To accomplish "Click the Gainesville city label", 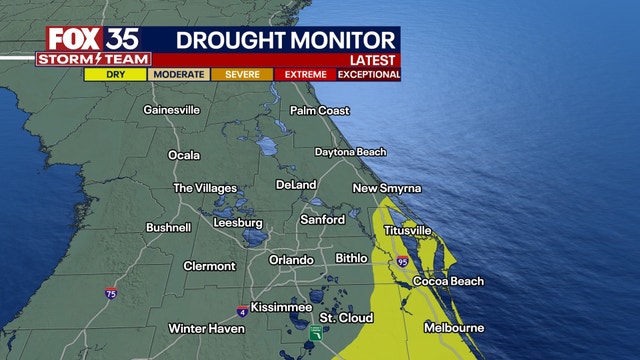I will click(174, 109).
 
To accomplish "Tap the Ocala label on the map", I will click(183, 155).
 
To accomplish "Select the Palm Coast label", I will click(319, 110).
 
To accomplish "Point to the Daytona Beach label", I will click(350, 152).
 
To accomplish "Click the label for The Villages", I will click(205, 188).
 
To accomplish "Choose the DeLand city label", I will click(296, 185).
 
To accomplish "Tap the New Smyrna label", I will click(387, 188).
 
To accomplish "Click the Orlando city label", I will click(292, 260).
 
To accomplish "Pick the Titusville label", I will click(408, 231).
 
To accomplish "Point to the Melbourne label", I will click(454, 328).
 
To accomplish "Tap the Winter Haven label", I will click(206, 328).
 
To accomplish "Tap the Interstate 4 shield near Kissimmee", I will click(242, 311).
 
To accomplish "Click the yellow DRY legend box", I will click(116, 74).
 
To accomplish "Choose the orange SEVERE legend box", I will click(242, 74).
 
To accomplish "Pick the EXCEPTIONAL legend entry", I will click(370, 74).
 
